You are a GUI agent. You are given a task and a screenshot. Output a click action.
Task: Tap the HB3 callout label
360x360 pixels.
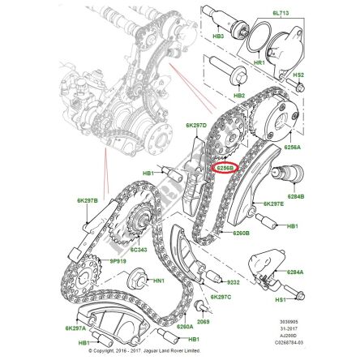tap(218, 36)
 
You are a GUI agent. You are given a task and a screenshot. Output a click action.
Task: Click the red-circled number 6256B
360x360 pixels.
tap(224, 169)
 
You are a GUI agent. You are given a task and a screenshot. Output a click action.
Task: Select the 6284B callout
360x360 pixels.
tap(295, 196)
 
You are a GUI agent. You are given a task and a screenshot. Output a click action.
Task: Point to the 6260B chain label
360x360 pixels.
tap(242, 233)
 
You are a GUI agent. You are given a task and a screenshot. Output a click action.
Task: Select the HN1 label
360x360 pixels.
tap(159, 281)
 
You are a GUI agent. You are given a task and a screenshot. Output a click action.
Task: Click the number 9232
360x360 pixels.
tap(232, 283)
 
